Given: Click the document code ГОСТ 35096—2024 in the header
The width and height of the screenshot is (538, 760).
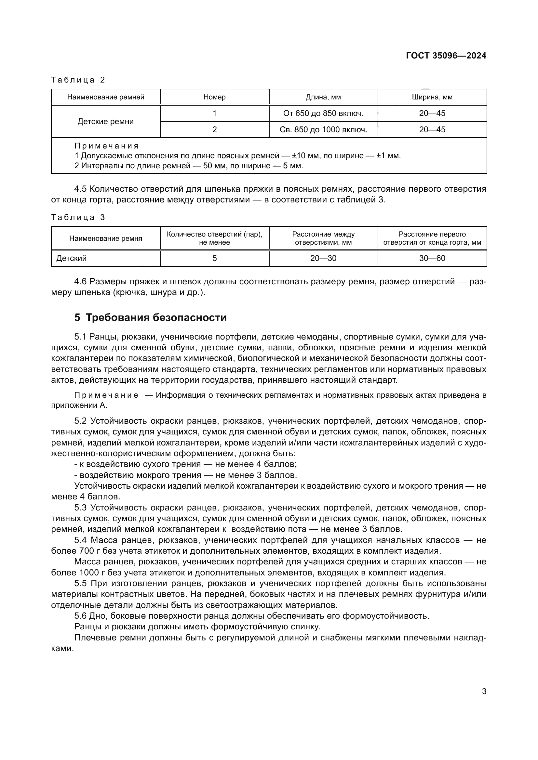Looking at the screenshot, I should click(x=446, y=56).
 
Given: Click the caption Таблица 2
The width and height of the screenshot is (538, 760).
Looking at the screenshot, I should click(x=78, y=80).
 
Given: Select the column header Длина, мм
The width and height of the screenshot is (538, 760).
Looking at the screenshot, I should click(x=323, y=97).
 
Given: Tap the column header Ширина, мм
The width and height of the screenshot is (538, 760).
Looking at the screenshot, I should click(x=432, y=97).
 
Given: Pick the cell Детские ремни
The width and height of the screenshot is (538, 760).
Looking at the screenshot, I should click(x=106, y=122).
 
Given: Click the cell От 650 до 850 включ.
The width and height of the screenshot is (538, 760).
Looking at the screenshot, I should click(x=323, y=113).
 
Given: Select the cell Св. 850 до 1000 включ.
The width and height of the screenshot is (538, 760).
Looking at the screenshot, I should click(x=323, y=129).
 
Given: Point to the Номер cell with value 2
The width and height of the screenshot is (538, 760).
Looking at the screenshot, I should click(x=214, y=129).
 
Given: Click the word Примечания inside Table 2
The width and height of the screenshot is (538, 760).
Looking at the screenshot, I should click(x=106, y=146).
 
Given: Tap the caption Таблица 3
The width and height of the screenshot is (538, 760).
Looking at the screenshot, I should click(x=78, y=217).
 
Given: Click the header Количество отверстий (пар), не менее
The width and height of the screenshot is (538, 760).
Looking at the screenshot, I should click(x=214, y=238).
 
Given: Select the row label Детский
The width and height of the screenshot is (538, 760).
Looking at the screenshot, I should click(x=71, y=258).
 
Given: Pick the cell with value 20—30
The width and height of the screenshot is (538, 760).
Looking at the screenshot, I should click(x=323, y=258).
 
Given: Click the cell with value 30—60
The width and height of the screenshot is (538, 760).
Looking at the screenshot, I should click(x=432, y=258).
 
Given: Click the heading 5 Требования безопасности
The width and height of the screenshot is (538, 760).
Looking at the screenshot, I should click(x=150, y=317).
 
